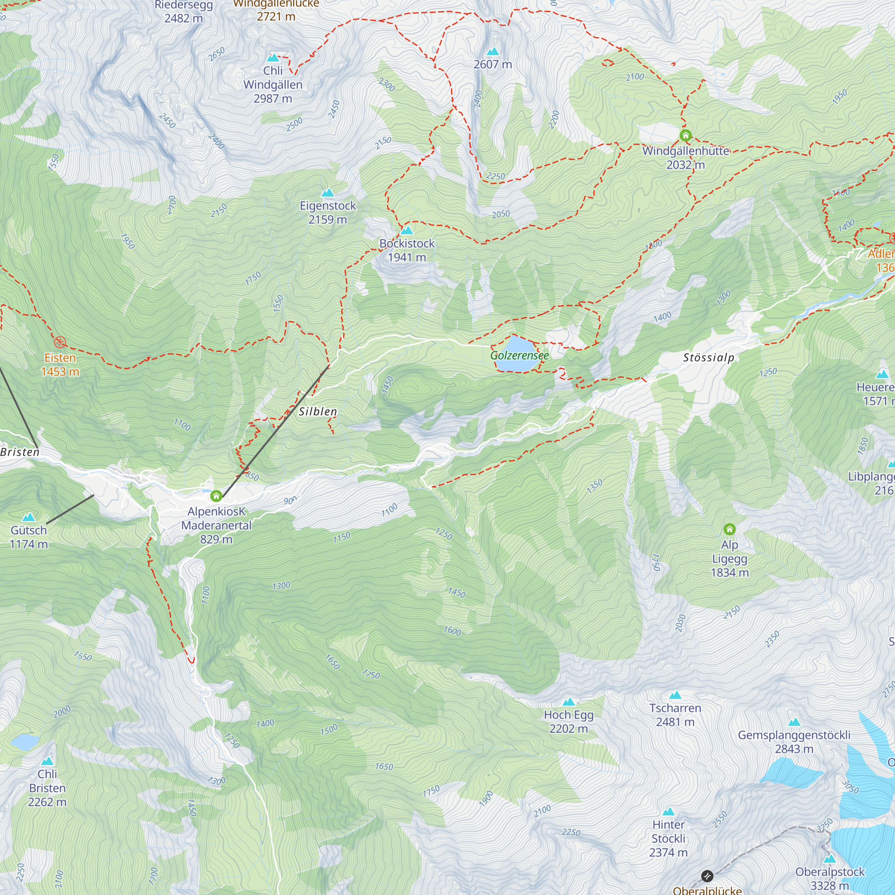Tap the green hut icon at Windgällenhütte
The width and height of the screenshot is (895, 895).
tap(686, 136)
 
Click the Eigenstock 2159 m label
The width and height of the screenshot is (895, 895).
tap(328, 213)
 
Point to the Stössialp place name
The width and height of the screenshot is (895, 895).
tap(708, 358)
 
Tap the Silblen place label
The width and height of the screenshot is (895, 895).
tap(318, 411)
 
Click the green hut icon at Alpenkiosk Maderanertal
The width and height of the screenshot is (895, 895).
tap(216, 497)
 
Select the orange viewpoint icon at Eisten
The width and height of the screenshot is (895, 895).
tap(60, 342)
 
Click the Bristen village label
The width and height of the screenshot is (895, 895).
tap(20, 452)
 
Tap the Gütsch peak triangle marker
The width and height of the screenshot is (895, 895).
tap(29, 517)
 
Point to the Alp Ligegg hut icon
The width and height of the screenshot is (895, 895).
tap(729, 529)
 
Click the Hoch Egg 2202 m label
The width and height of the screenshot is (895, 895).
tap(568, 722)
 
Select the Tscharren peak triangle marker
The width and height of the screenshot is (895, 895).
tap(675, 695)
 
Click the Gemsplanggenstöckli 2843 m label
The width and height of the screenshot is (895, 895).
tap(794, 742)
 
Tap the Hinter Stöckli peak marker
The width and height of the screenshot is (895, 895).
tap(669, 812)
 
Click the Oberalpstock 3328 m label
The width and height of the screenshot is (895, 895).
tap(830, 878)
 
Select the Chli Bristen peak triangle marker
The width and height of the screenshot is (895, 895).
tap(47, 762)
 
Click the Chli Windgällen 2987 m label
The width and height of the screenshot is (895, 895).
tap(273, 85)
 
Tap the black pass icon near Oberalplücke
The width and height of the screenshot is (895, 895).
tap(707, 876)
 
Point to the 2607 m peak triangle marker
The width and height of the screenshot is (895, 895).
tap(493, 51)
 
